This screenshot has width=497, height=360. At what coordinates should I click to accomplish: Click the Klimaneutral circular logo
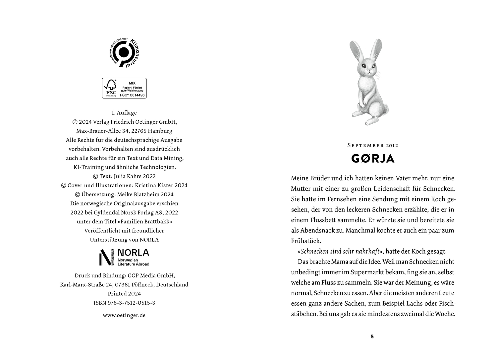pos(124,52)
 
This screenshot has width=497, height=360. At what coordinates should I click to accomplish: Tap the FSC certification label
pos(124,88)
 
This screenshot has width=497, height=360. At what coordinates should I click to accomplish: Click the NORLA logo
pos(124,257)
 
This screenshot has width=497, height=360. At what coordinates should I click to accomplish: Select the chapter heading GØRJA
pos(373,159)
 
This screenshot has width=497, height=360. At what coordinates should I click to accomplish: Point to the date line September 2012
pos(373,145)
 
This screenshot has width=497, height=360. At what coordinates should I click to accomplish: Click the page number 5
pos(372,336)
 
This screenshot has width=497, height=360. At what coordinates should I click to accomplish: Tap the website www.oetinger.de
pos(124,315)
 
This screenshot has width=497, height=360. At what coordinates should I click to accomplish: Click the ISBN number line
pos(124,303)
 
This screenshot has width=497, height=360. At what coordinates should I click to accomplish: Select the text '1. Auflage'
pos(124,113)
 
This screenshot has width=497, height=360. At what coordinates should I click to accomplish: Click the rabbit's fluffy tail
pos(386,108)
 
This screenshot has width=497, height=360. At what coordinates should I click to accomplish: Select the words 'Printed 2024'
pos(124,294)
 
